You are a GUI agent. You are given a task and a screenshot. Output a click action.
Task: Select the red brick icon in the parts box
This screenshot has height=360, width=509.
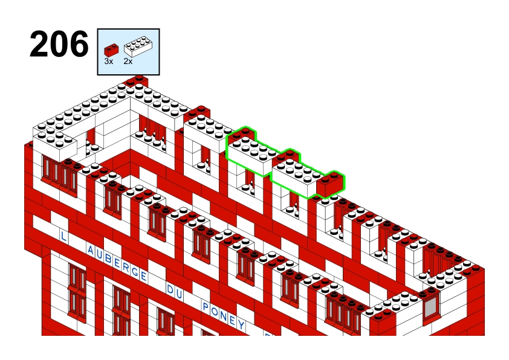pos(111,50)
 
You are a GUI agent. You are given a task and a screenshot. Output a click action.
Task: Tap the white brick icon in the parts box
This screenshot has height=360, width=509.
pos(138,47)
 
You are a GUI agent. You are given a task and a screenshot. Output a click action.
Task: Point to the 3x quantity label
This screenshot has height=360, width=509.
pos(108,61)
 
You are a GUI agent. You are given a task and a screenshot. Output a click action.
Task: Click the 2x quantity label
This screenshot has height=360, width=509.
pos(128,61)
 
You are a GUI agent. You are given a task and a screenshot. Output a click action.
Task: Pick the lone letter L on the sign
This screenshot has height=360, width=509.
pos(63,236)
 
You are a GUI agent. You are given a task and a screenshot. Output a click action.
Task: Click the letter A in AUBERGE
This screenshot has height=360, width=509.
pos(91,251)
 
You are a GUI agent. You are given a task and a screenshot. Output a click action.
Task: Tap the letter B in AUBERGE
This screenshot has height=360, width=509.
pos(108,259)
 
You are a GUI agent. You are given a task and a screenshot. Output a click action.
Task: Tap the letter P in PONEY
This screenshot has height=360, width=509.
pos(205,306)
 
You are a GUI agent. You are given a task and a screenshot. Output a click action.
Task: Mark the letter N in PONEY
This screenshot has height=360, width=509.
pos(223,315)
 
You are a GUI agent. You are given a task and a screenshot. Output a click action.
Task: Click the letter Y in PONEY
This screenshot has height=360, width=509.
pos(241,324)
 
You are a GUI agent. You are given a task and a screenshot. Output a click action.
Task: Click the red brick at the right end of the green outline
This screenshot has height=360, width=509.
pos(330,184)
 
